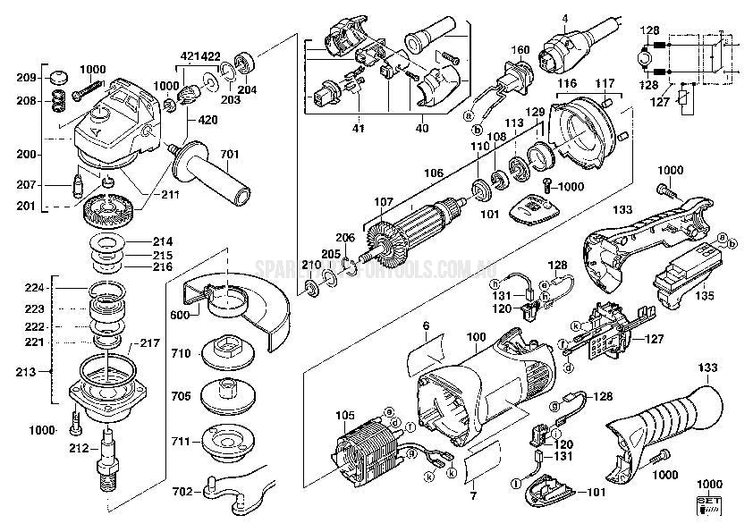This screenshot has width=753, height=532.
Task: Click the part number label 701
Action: click(230, 155)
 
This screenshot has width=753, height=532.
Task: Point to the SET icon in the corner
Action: click(706, 505)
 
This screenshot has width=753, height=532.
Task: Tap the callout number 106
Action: click(434, 173)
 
